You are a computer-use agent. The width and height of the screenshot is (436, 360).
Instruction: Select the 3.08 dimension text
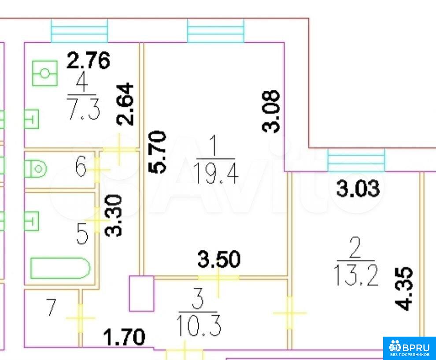(271, 111)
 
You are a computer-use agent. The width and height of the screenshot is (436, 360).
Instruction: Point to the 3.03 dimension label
(358, 188)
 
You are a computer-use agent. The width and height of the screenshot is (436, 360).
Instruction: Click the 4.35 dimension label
(404, 289)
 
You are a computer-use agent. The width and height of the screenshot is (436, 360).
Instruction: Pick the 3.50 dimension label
(219, 259)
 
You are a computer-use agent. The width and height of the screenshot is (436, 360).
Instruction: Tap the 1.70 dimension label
(124, 337)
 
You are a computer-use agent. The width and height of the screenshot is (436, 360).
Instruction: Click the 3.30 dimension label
(114, 215)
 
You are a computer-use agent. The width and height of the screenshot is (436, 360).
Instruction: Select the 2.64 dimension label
(125, 104)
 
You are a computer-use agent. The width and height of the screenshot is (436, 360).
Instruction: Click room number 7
(51, 307)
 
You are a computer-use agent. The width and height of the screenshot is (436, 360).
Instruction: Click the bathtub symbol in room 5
(60, 268)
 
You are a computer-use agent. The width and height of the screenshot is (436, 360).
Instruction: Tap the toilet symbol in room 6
(35, 169)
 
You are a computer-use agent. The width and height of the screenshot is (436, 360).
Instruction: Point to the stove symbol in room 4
(45, 73)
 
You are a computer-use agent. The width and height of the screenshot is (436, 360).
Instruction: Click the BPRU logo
(409, 348)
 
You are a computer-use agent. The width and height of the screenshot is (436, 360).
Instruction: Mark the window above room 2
(356, 160)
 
